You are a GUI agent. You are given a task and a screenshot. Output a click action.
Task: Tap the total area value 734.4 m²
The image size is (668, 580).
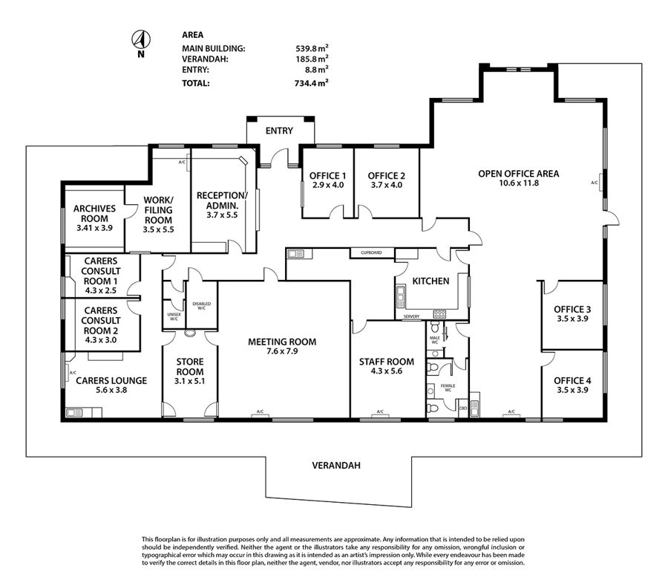click(x=312, y=83)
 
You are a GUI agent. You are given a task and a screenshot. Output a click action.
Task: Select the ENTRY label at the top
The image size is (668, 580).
click(x=279, y=131)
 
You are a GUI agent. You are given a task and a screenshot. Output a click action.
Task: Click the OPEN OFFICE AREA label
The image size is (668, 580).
click(x=518, y=174)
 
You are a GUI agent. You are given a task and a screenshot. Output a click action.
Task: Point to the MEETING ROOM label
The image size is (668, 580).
click(x=282, y=342)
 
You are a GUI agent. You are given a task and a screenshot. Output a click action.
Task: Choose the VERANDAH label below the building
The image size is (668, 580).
click(x=336, y=466)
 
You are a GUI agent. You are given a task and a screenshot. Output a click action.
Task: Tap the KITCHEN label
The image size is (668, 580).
click(x=430, y=281)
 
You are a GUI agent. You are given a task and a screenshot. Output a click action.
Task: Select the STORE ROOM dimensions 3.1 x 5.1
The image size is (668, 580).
click(x=190, y=381)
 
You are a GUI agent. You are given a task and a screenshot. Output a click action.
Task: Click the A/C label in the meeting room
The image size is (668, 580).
click(x=260, y=412)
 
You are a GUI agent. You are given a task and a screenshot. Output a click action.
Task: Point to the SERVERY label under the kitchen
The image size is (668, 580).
click(x=411, y=317)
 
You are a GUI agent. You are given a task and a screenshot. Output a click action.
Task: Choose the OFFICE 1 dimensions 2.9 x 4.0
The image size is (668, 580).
click(x=327, y=185)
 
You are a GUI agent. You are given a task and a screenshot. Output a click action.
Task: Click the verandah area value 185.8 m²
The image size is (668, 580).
click(x=312, y=58)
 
